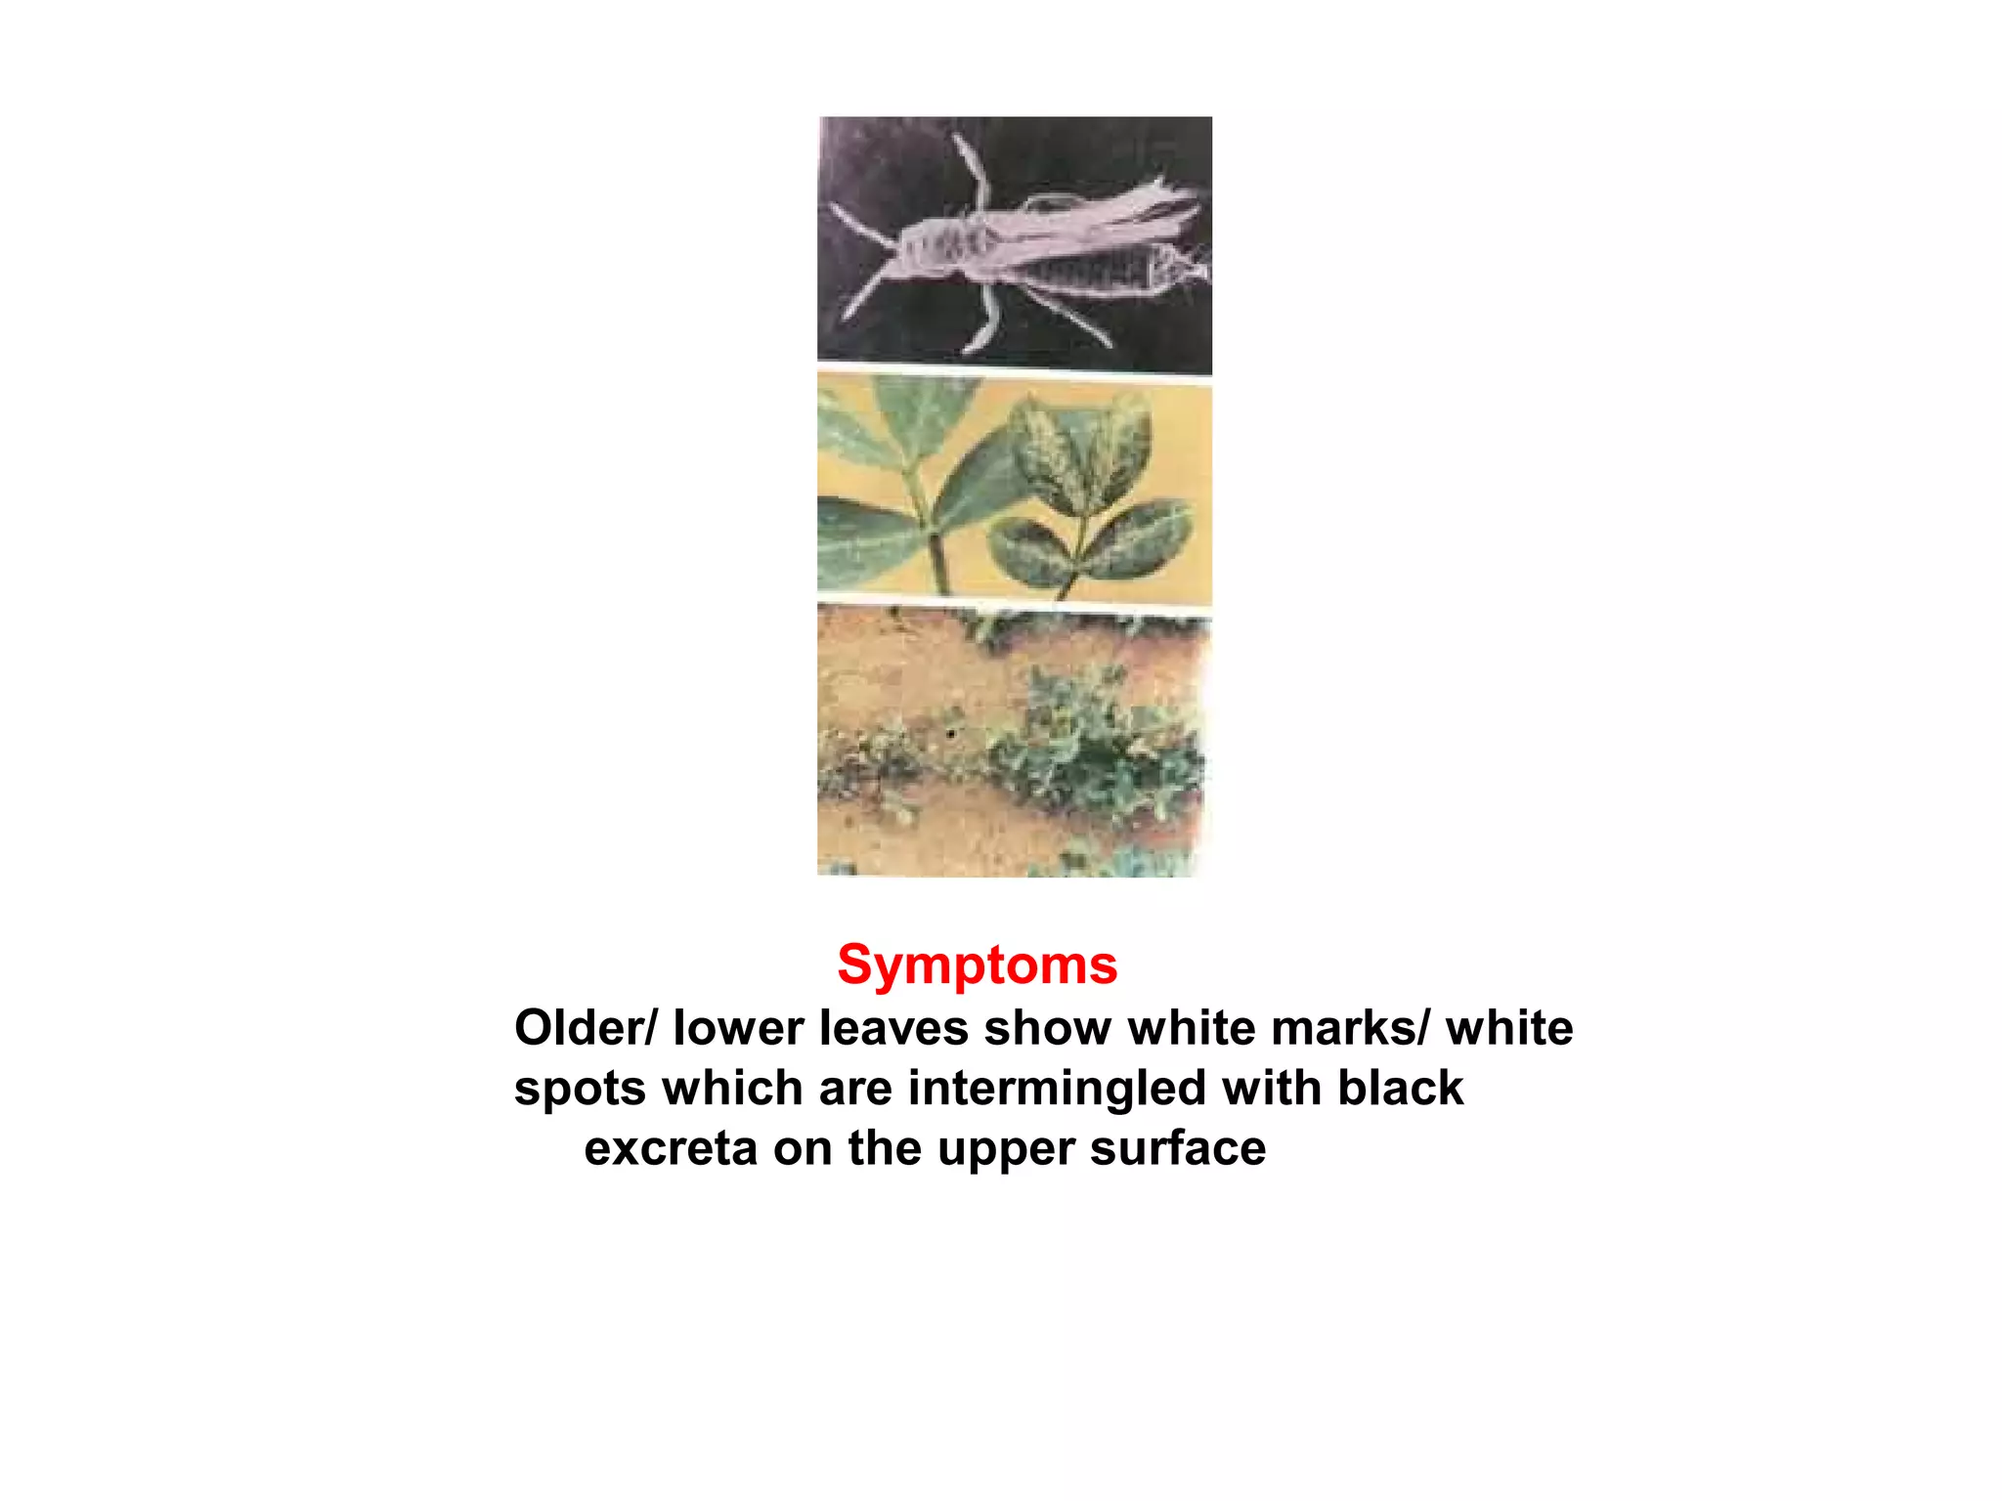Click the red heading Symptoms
click(977, 965)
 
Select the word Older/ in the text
click(586, 1028)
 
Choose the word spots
click(580, 1089)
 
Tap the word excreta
click(670, 1148)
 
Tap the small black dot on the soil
click(950, 733)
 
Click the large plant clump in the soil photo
click(1105, 743)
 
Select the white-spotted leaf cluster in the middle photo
click(1085, 489)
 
